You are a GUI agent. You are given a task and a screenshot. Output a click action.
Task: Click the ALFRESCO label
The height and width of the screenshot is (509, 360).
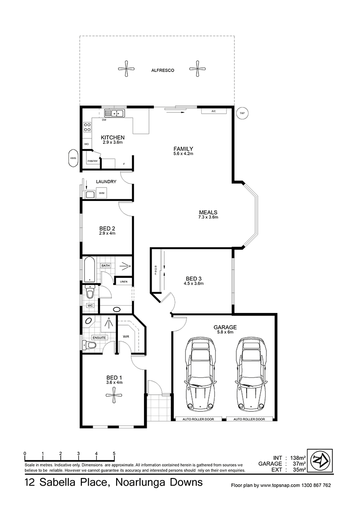[163, 70]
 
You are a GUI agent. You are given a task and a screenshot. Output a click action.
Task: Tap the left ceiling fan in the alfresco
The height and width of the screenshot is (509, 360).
[126, 68]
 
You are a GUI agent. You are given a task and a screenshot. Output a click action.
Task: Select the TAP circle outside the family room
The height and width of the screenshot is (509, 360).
[242, 113]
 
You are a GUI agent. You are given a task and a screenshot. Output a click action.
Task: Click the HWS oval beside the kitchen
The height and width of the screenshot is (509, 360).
[73, 158]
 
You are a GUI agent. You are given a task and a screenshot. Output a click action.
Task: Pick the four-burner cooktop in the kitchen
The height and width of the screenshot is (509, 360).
[87, 127]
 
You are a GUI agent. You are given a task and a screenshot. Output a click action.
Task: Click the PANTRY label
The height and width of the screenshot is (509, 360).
[92, 161]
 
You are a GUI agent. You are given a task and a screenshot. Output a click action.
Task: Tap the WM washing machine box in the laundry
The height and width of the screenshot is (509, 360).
[102, 193]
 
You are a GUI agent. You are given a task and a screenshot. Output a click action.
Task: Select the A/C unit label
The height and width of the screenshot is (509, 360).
[213, 112]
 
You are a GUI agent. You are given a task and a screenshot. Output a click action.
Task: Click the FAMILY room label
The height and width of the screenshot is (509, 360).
[183, 149]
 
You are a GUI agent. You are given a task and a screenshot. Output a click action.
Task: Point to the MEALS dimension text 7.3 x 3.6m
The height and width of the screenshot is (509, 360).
[208, 217]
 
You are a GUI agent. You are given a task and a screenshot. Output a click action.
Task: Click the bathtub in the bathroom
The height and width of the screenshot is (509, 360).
[90, 270]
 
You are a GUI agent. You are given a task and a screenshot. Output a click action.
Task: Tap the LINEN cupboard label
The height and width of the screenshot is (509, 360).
[123, 281]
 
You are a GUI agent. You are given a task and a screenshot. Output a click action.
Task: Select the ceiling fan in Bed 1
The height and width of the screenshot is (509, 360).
[114, 396]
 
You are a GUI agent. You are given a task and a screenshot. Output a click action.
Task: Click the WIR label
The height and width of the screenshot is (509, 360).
[126, 337]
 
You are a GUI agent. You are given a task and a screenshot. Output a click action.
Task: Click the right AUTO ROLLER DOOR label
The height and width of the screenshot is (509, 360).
[249, 419]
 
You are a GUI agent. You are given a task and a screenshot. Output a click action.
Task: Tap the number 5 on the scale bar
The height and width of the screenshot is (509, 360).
[114, 454]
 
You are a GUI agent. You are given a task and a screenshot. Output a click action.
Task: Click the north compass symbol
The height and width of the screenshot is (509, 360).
[320, 461]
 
